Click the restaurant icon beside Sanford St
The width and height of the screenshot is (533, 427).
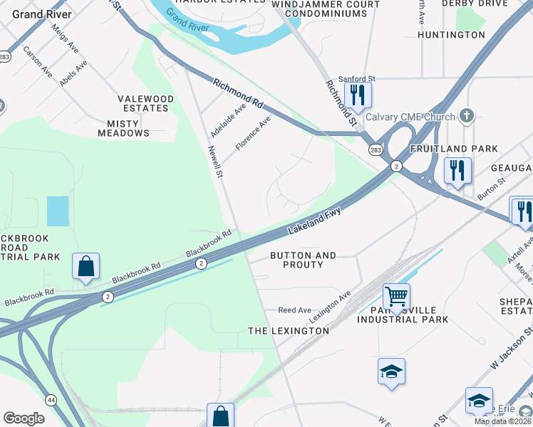[356, 95]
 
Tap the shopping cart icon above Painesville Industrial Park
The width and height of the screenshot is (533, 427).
[395, 294]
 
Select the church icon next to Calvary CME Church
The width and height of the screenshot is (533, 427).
[467, 115]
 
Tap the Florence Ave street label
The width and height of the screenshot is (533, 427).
[254, 132]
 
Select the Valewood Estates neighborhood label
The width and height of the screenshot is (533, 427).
[145, 103]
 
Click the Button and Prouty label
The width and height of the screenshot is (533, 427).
[303, 260]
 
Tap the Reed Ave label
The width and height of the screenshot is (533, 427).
[294, 310]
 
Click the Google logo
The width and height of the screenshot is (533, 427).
[24, 418]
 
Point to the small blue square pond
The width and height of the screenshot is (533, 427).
[58, 211]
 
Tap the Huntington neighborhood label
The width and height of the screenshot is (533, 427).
[451, 35]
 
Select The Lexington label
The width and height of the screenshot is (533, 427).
[288, 331]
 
